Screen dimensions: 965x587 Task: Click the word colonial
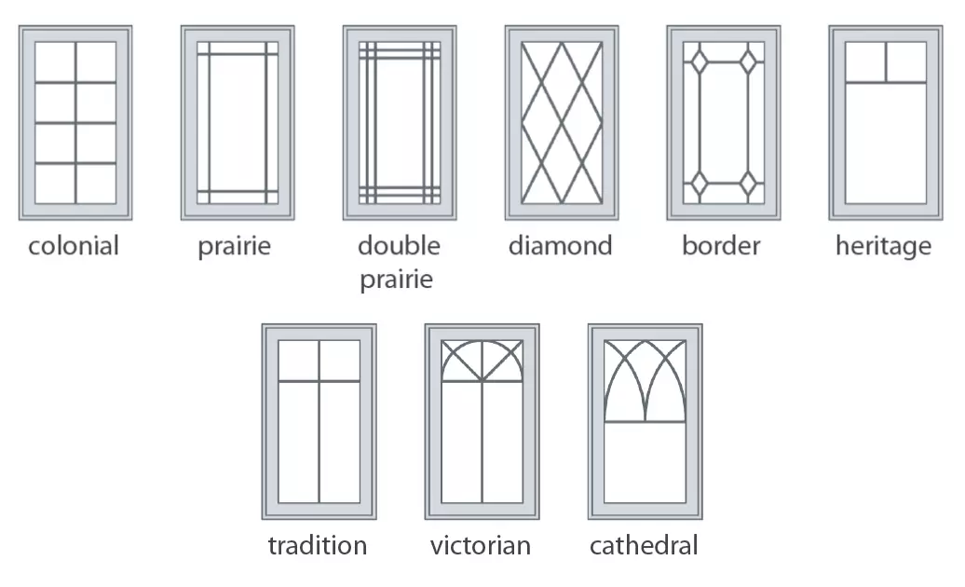74,246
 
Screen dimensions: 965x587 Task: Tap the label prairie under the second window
235,247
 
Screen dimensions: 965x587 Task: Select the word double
399,246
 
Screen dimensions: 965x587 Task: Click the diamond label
561,246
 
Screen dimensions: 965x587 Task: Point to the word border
721,246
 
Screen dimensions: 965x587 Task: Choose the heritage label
884,247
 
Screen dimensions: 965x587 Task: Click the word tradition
318,546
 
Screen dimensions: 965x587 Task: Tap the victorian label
481,546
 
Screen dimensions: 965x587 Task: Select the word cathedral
644,546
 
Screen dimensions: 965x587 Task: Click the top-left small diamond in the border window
700,62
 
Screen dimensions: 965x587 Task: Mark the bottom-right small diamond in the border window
748,184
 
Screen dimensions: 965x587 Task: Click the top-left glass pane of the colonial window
55,61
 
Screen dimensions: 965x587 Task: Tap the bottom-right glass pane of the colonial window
96,184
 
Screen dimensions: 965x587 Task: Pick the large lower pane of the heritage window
886,143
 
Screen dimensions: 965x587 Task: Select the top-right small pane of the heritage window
906,61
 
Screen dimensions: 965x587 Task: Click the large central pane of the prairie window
238,122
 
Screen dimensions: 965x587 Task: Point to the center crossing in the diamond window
562,123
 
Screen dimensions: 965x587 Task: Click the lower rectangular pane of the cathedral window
645,462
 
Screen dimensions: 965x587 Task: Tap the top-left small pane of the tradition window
298,361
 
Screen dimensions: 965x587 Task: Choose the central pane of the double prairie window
400,122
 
